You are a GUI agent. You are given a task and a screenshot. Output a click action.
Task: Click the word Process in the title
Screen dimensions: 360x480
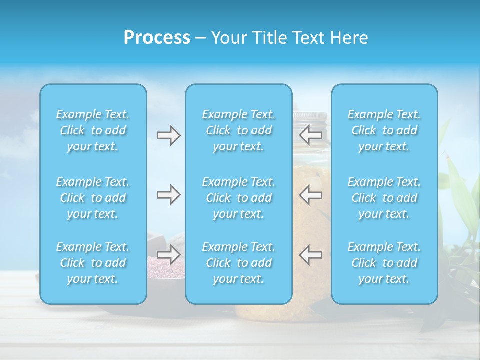157,38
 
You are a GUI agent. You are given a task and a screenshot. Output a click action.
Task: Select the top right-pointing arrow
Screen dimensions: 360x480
168,135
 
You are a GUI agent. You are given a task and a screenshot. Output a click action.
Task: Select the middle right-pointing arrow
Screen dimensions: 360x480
168,195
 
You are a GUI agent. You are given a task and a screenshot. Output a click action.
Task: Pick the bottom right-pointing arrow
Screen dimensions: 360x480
168,255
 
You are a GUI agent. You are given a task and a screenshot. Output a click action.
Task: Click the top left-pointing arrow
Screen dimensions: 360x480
310,135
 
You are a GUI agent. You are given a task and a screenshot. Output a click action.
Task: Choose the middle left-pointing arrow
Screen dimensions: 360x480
310,195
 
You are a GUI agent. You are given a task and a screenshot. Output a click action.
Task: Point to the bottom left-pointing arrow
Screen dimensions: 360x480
310,255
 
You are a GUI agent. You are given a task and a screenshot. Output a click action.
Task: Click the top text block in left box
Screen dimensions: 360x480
93,130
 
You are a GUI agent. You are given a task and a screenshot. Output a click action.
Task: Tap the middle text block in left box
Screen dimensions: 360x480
93,198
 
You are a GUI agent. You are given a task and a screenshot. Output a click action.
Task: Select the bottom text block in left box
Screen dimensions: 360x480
93,263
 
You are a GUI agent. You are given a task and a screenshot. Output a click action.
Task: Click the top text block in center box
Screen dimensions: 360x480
239,130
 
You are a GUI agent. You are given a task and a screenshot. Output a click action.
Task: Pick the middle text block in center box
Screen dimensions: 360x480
239,198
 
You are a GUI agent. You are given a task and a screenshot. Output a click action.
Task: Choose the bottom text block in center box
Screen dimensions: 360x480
239,263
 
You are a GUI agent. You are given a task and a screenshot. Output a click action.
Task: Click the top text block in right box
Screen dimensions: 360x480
384,130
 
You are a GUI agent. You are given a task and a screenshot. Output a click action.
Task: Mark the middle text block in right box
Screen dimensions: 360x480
384,198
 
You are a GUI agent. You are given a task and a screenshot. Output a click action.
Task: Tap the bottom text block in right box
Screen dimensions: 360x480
384,263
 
